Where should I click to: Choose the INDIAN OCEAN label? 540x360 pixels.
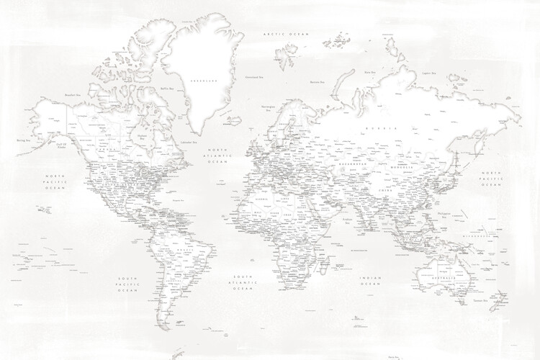click(370, 280)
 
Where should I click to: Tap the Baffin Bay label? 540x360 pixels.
click(168, 89)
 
